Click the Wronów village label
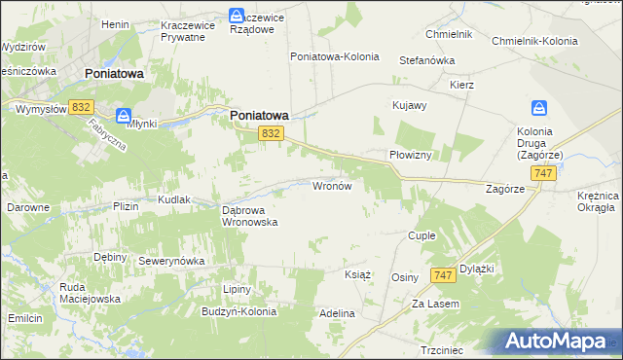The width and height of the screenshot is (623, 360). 337,185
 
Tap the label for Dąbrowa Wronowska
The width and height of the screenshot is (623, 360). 250,215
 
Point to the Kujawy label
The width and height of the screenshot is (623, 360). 409,104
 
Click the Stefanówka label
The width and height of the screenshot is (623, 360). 427,60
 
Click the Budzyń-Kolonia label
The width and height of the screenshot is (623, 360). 239,312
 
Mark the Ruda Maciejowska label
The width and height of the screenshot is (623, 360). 89,293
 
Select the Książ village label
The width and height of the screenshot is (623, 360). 358,274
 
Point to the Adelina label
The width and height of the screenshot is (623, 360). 337,314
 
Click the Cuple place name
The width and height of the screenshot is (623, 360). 421,235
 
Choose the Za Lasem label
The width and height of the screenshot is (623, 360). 434,304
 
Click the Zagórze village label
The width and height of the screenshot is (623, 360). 505,190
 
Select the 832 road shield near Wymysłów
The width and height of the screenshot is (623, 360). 82,108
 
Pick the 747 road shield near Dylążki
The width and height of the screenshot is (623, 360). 443,276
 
